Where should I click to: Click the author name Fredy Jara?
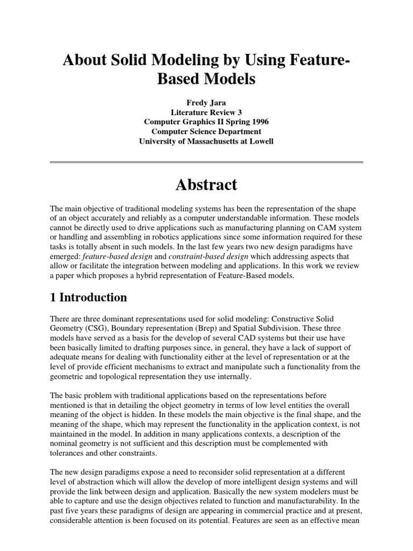tap(206, 102)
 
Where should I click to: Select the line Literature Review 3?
tap(206, 112)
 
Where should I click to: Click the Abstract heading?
tap(206, 185)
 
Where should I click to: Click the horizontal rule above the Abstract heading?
tap(206, 162)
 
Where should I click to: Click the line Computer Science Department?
tap(206, 132)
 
